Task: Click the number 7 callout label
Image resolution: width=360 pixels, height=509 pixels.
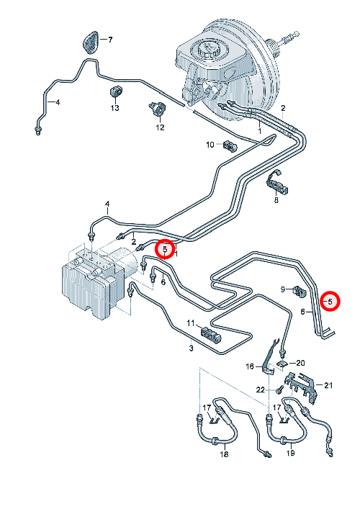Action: tap(110, 40)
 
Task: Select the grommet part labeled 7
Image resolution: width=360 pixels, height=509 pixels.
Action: tap(91, 42)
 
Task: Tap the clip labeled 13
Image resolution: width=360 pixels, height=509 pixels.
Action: tap(115, 91)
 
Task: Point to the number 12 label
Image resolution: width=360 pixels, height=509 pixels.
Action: tap(161, 127)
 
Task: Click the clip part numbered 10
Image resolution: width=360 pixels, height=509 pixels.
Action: tap(230, 145)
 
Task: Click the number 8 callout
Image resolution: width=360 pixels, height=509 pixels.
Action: tap(276, 200)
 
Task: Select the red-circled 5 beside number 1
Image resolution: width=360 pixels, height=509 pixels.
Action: tap(165, 249)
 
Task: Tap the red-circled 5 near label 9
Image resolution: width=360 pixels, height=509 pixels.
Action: tap(330, 302)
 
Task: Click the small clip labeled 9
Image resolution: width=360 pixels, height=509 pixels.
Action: tap(300, 291)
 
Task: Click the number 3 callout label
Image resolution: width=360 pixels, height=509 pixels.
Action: tap(192, 348)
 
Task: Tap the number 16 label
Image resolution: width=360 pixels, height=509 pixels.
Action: tap(250, 366)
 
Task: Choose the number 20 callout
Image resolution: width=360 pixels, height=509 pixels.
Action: tap(300, 363)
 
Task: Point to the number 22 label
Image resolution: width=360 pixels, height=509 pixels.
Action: tap(261, 389)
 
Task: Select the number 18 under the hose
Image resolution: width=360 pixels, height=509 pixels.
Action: tap(225, 454)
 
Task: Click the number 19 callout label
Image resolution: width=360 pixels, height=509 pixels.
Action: tap(290, 452)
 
